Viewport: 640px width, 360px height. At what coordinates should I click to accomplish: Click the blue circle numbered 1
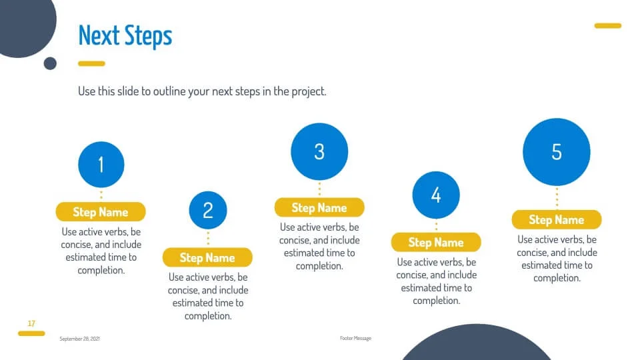tap(101, 165)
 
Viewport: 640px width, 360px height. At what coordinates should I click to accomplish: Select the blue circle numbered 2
tap(208, 210)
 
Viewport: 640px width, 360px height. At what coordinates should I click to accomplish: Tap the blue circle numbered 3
tap(319, 151)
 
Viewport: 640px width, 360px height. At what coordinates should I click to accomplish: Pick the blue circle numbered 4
tap(436, 195)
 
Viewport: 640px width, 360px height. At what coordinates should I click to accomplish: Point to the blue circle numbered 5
tap(557, 152)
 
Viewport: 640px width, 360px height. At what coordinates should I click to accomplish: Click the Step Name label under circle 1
tap(101, 212)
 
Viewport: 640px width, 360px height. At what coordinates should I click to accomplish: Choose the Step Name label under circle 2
tap(207, 257)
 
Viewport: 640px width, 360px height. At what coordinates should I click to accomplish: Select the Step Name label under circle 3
tap(319, 208)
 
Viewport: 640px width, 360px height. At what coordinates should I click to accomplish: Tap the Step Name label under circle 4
tap(436, 243)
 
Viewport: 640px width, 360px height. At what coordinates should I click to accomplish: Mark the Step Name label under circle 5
tap(557, 219)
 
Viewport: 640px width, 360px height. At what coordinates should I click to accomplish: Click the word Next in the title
tap(99, 35)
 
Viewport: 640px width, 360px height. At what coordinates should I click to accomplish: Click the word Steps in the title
tap(148, 37)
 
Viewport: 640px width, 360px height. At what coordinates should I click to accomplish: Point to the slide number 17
tap(31, 323)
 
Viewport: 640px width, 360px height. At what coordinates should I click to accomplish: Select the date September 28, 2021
tap(79, 339)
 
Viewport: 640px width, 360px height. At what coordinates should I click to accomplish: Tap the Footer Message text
tap(355, 339)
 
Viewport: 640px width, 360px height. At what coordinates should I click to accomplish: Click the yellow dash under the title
tap(91, 64)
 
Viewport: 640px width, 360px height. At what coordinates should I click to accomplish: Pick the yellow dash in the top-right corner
tap(608, 26)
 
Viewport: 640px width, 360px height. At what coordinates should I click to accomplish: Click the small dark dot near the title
tap(50, 63)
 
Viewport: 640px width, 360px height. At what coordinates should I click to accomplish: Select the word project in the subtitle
tap(309, 91)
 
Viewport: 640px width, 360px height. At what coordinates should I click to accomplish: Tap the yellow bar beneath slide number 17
tap(31, 333)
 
